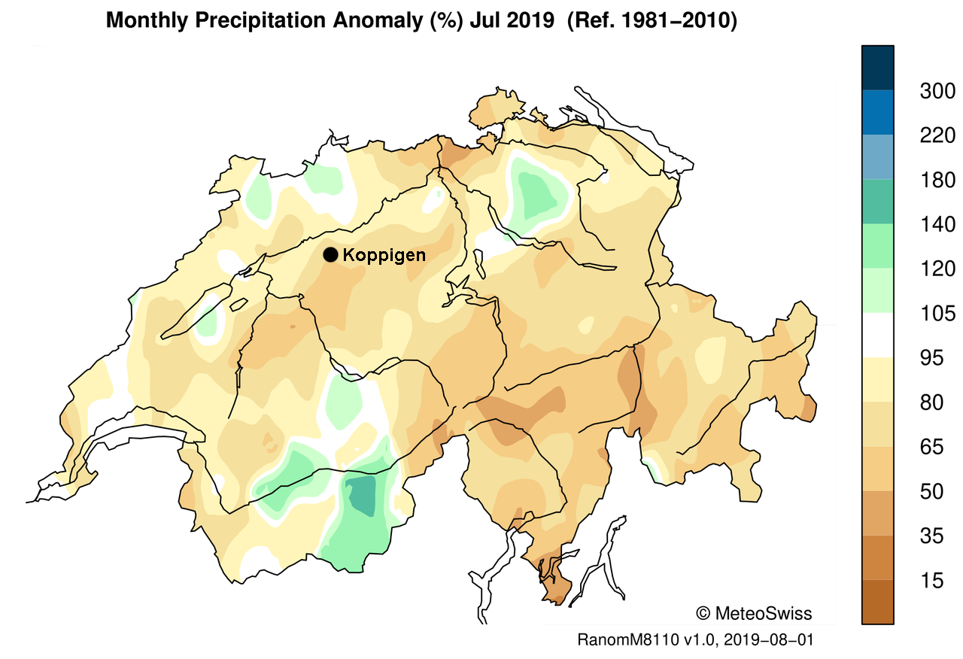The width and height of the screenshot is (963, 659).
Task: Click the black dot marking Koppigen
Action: [x=330, y=255]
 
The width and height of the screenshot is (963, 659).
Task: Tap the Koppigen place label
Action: [x=384, y=255]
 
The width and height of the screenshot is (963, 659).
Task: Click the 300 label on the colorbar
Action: [x=937, y=91]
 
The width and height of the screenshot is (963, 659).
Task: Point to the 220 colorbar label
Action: [x=937, y=136]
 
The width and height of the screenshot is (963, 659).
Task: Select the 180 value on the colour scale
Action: [x=937, y=180]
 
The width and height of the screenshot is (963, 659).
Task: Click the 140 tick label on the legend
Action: [x=937, y=224]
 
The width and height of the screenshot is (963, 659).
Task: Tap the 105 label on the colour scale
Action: [x=937, y=314]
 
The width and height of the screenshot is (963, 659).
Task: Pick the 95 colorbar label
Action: [x=931, y=358]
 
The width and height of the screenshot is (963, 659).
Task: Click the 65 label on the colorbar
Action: [x=931, y=447]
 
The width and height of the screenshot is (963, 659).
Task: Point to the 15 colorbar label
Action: [x=931, y=581]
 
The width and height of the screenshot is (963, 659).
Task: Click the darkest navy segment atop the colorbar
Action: [x=877, y=68]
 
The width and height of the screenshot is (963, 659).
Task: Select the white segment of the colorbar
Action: [x=877, y=336]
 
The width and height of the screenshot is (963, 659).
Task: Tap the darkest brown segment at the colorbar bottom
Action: [x=877, y=601]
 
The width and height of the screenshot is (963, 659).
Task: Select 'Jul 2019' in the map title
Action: [x=512, y=20]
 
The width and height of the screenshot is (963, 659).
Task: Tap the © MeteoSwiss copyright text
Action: [x=754, y=613]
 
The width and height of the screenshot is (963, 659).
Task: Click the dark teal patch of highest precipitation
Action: [x=361, y=494]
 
